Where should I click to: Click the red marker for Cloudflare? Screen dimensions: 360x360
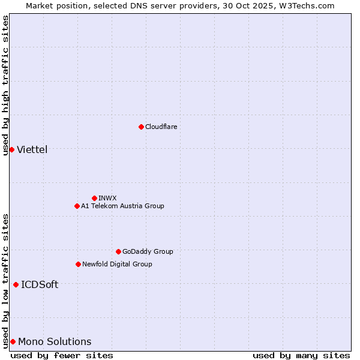point(141,127)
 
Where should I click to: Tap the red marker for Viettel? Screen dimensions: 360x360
point(11,149)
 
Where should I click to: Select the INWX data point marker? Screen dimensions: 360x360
point(94,198)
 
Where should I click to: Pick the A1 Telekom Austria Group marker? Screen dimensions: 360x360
point(77,206)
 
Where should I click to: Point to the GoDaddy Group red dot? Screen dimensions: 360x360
point(118,251)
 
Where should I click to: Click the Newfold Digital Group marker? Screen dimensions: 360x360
point(78,264)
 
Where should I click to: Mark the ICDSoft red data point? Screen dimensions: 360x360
point(16,284)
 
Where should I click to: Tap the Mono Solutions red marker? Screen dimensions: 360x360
point(13,341)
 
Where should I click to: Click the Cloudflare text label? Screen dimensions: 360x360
point(161,127)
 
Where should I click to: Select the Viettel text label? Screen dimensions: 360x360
point(32,149)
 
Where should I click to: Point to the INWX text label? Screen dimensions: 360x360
point(107,198)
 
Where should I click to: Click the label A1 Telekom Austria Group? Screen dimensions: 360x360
point(122,206)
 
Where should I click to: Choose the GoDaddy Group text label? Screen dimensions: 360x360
point(148,251)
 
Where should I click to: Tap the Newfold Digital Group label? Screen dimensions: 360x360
point(117,264)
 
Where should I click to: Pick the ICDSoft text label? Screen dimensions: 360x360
point(40,284)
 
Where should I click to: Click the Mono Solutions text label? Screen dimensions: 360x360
point(55,341)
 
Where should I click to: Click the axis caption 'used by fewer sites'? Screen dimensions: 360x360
point(62,355)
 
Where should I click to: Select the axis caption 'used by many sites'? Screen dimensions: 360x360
point(301,355)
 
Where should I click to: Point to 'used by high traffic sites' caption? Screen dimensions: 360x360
point(5,85)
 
